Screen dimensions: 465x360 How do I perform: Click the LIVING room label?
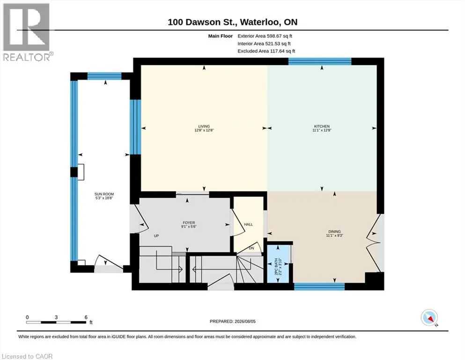click(204, 127)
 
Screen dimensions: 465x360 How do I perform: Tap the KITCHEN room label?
click(322, 127)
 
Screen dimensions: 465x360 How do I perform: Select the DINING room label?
click(334, 232)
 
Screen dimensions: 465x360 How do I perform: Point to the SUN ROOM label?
click(104, 194)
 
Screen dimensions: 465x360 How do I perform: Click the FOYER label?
click(189, 223)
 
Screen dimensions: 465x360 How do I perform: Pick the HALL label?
click(249, 225)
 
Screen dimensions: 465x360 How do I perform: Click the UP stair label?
click(156, 236)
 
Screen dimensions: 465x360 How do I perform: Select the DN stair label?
click(251, 248)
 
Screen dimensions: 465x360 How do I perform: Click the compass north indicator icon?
click(429, 317)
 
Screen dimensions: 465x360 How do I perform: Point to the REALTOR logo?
click(27, 32)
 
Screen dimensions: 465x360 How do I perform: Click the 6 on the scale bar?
click(86, 317)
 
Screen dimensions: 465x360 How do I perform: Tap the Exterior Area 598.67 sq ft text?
click(265, 36)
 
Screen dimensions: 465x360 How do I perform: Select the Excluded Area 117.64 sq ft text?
click(266, 51)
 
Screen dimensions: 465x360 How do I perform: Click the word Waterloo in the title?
click(259, 22)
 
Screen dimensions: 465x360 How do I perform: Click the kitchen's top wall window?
click(320, 61)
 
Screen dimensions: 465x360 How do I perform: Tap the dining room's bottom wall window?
click(319, 286)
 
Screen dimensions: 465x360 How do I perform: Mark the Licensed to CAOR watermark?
click(27, 356)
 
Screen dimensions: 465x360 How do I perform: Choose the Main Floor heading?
click(221, 36)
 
